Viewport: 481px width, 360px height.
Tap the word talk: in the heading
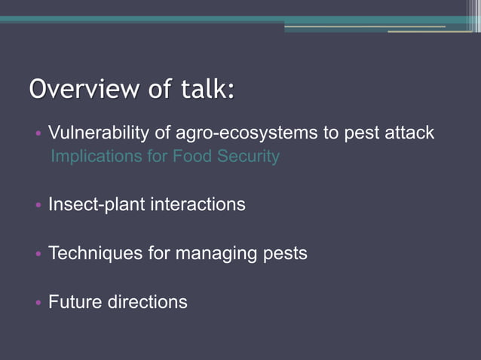pyautogui.click(x=206, y=89)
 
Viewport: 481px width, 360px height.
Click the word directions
pyautogui.click(x=146, y=302)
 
